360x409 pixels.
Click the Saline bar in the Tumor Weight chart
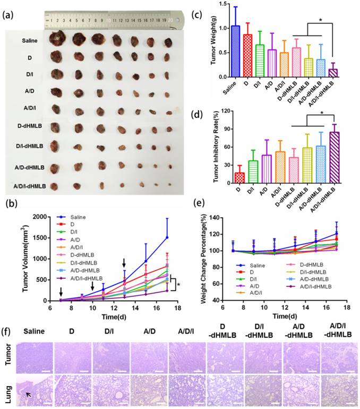(x=235, y=52)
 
